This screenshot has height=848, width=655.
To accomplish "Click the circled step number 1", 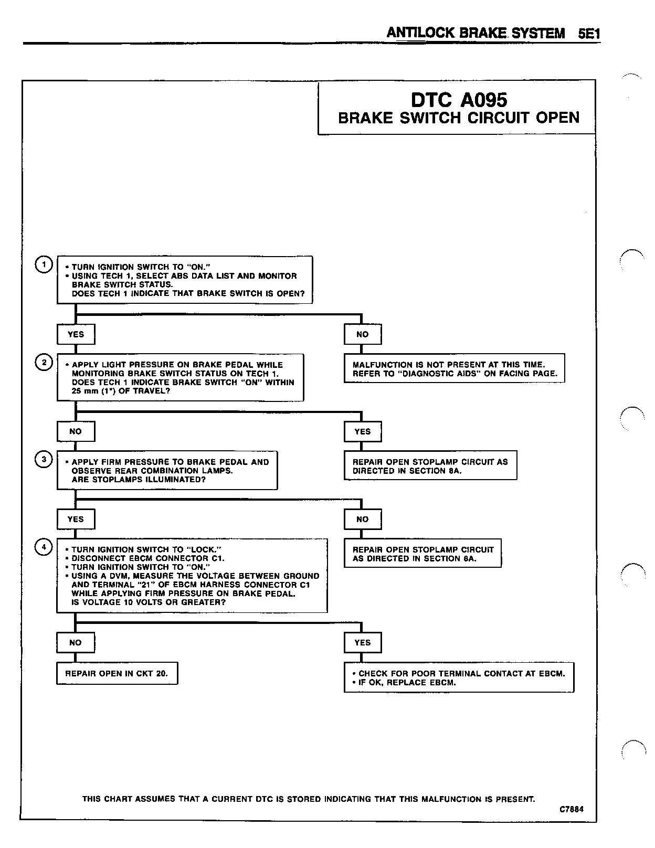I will click(x=43, y=265).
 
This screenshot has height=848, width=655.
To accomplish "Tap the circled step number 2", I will click(x=44, y=363).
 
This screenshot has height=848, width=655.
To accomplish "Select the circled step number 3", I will click(x=44, y=460).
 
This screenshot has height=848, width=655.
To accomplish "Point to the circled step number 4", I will click(x=44, y=547).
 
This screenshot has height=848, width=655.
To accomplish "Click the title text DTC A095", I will click(x=458, y=99).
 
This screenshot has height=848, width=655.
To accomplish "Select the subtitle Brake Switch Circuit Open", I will click(x=458, y=118).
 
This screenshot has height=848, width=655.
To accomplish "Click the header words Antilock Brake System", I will click(x=476, y=33).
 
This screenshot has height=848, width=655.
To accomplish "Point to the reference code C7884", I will click(x=571, y=809).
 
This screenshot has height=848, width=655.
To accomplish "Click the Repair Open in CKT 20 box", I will click(x=117, y=673).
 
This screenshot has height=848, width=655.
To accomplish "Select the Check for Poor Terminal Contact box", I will click(x=459, y=678).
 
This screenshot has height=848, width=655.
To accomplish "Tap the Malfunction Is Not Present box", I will click(x=454, y=369).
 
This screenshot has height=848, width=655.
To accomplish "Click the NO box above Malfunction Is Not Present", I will click(x=363, y=334).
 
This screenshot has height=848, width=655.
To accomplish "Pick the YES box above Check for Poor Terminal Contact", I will click(x=363, y=642).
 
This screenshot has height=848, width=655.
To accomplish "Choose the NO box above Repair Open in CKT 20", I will click(x=76, y=642).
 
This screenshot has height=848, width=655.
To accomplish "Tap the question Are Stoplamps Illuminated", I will click(x=139, y=480).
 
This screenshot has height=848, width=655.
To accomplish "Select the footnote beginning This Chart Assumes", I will click(x=309, y=799).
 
